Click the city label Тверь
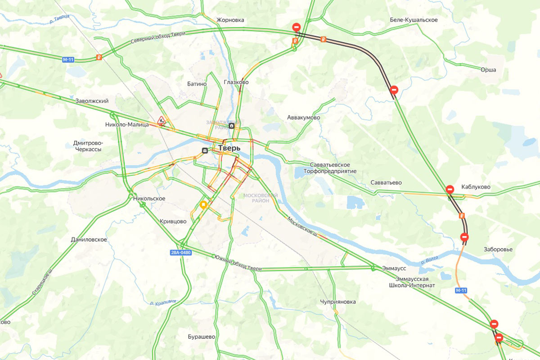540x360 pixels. pos(229,148)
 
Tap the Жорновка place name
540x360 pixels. pos(230,20)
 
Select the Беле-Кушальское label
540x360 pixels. pos(414,20)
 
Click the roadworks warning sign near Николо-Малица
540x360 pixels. pos(161,120)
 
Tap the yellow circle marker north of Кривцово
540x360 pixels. pos(203,205)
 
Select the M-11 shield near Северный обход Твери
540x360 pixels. pos(68,59)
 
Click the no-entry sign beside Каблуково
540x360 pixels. pos(450,189)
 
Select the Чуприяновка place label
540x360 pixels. pos(338,302)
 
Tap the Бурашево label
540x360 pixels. pos(201,337)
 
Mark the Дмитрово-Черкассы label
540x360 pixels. pos(87,146)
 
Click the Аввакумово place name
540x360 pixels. pos(303,117)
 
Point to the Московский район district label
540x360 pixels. pos(260,198)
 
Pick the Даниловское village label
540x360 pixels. pos(89,239)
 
